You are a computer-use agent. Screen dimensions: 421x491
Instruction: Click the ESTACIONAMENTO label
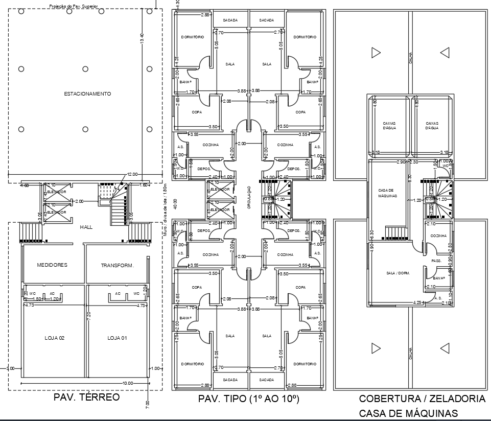pos(87,94)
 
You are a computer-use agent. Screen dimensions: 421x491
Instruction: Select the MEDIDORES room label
pos(52,265)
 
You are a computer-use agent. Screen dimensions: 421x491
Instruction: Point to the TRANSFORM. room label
pos(117,266)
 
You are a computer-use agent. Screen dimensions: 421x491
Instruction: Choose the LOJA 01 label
pos(117,338)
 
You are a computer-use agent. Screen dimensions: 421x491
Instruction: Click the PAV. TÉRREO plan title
pos(86,397)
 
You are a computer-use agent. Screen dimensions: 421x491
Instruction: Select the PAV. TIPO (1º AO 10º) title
pos(248,399)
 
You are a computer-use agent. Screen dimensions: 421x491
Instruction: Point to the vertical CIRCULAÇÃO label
pos(249,197)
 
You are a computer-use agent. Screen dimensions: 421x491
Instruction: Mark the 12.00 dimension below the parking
pos(133,174)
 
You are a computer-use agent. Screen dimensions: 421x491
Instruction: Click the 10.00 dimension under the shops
pos(127,383)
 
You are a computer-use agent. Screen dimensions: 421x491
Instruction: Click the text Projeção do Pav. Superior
pos(74,7)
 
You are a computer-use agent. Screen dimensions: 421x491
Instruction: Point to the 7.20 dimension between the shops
pos(89,315)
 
